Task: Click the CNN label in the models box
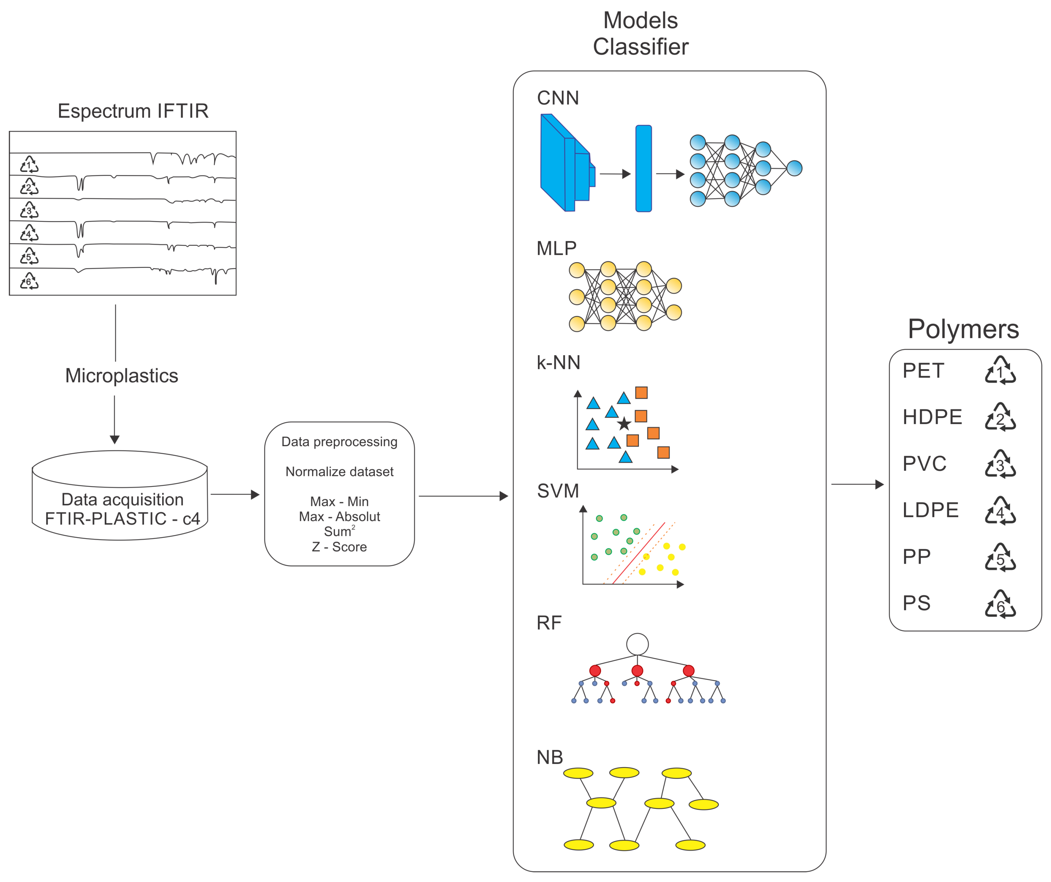coord(558,98)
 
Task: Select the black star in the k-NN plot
coord(623,424)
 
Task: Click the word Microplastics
coord(121,376)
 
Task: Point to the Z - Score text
coord(339,547)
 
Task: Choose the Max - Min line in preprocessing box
coord(339,501)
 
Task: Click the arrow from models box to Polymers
coord(857,484)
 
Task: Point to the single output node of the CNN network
coord(794,168)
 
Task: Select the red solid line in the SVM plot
coord(638,553)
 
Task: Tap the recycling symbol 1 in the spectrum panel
coord(29,165)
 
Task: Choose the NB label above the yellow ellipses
coord(550,757)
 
